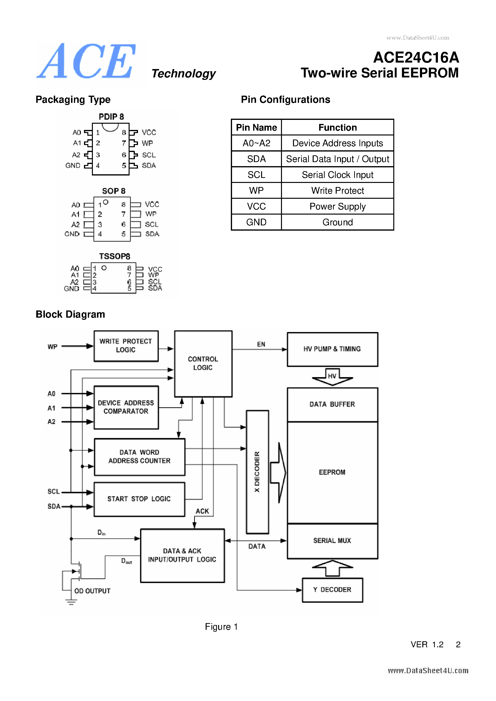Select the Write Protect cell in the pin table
tap(337, 191)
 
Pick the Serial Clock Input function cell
tap(337, 175)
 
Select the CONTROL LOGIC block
tap(203, 363)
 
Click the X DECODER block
tap(257, 472)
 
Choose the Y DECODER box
tap(332, 590)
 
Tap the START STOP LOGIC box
tap(139, 499)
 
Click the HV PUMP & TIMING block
tap(332, 349)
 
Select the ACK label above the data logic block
tap(202, 511)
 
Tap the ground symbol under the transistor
tap(71, 602)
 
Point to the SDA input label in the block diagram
tap(54, 506)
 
